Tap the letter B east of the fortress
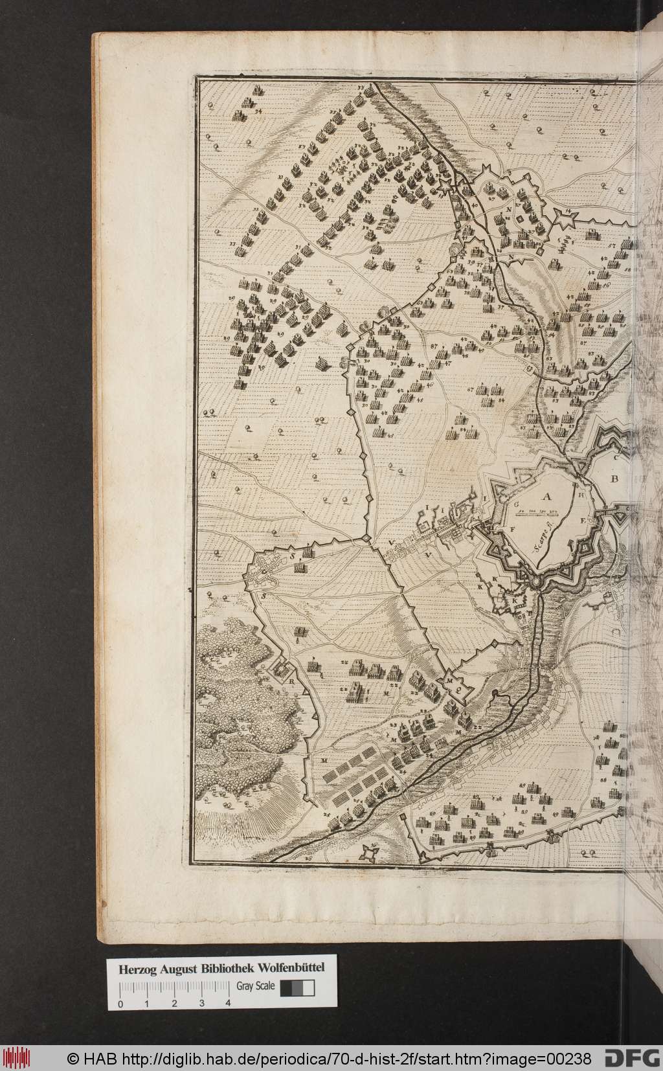[615, 479]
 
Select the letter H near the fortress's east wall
[581, 495]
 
